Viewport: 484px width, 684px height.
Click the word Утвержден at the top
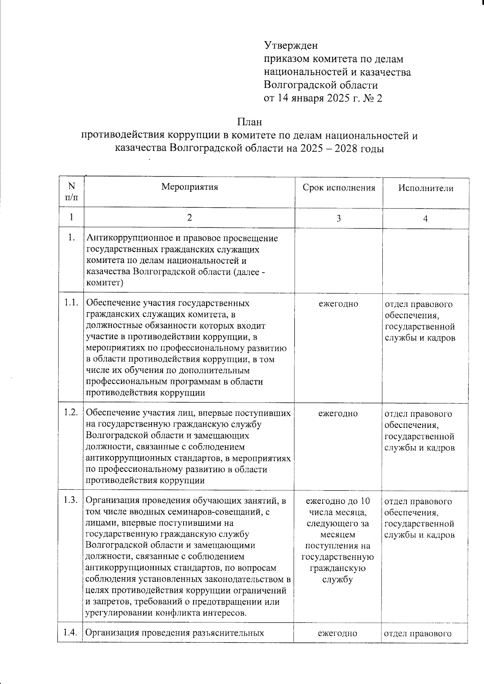click(x=290, y=45)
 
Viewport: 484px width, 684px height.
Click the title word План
click(x=249, y=121)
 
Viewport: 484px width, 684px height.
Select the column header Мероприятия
click(x=189, y=187)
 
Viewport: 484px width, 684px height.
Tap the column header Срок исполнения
click(x=339, y=188)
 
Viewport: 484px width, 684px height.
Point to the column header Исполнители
click(x=426, y=188)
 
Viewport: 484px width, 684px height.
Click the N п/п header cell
click(x=71, y=191)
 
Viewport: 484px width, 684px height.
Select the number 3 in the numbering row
click(x=338, y=218)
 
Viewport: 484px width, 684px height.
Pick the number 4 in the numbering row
click(x=425, y=218)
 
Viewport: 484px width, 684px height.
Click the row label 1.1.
click(x=71, y=303)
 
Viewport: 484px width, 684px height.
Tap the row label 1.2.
click(x=71, y=413)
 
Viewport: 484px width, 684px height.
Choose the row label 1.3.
click(x=71, y=501)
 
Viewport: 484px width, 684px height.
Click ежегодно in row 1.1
click(x=338, y=304)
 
